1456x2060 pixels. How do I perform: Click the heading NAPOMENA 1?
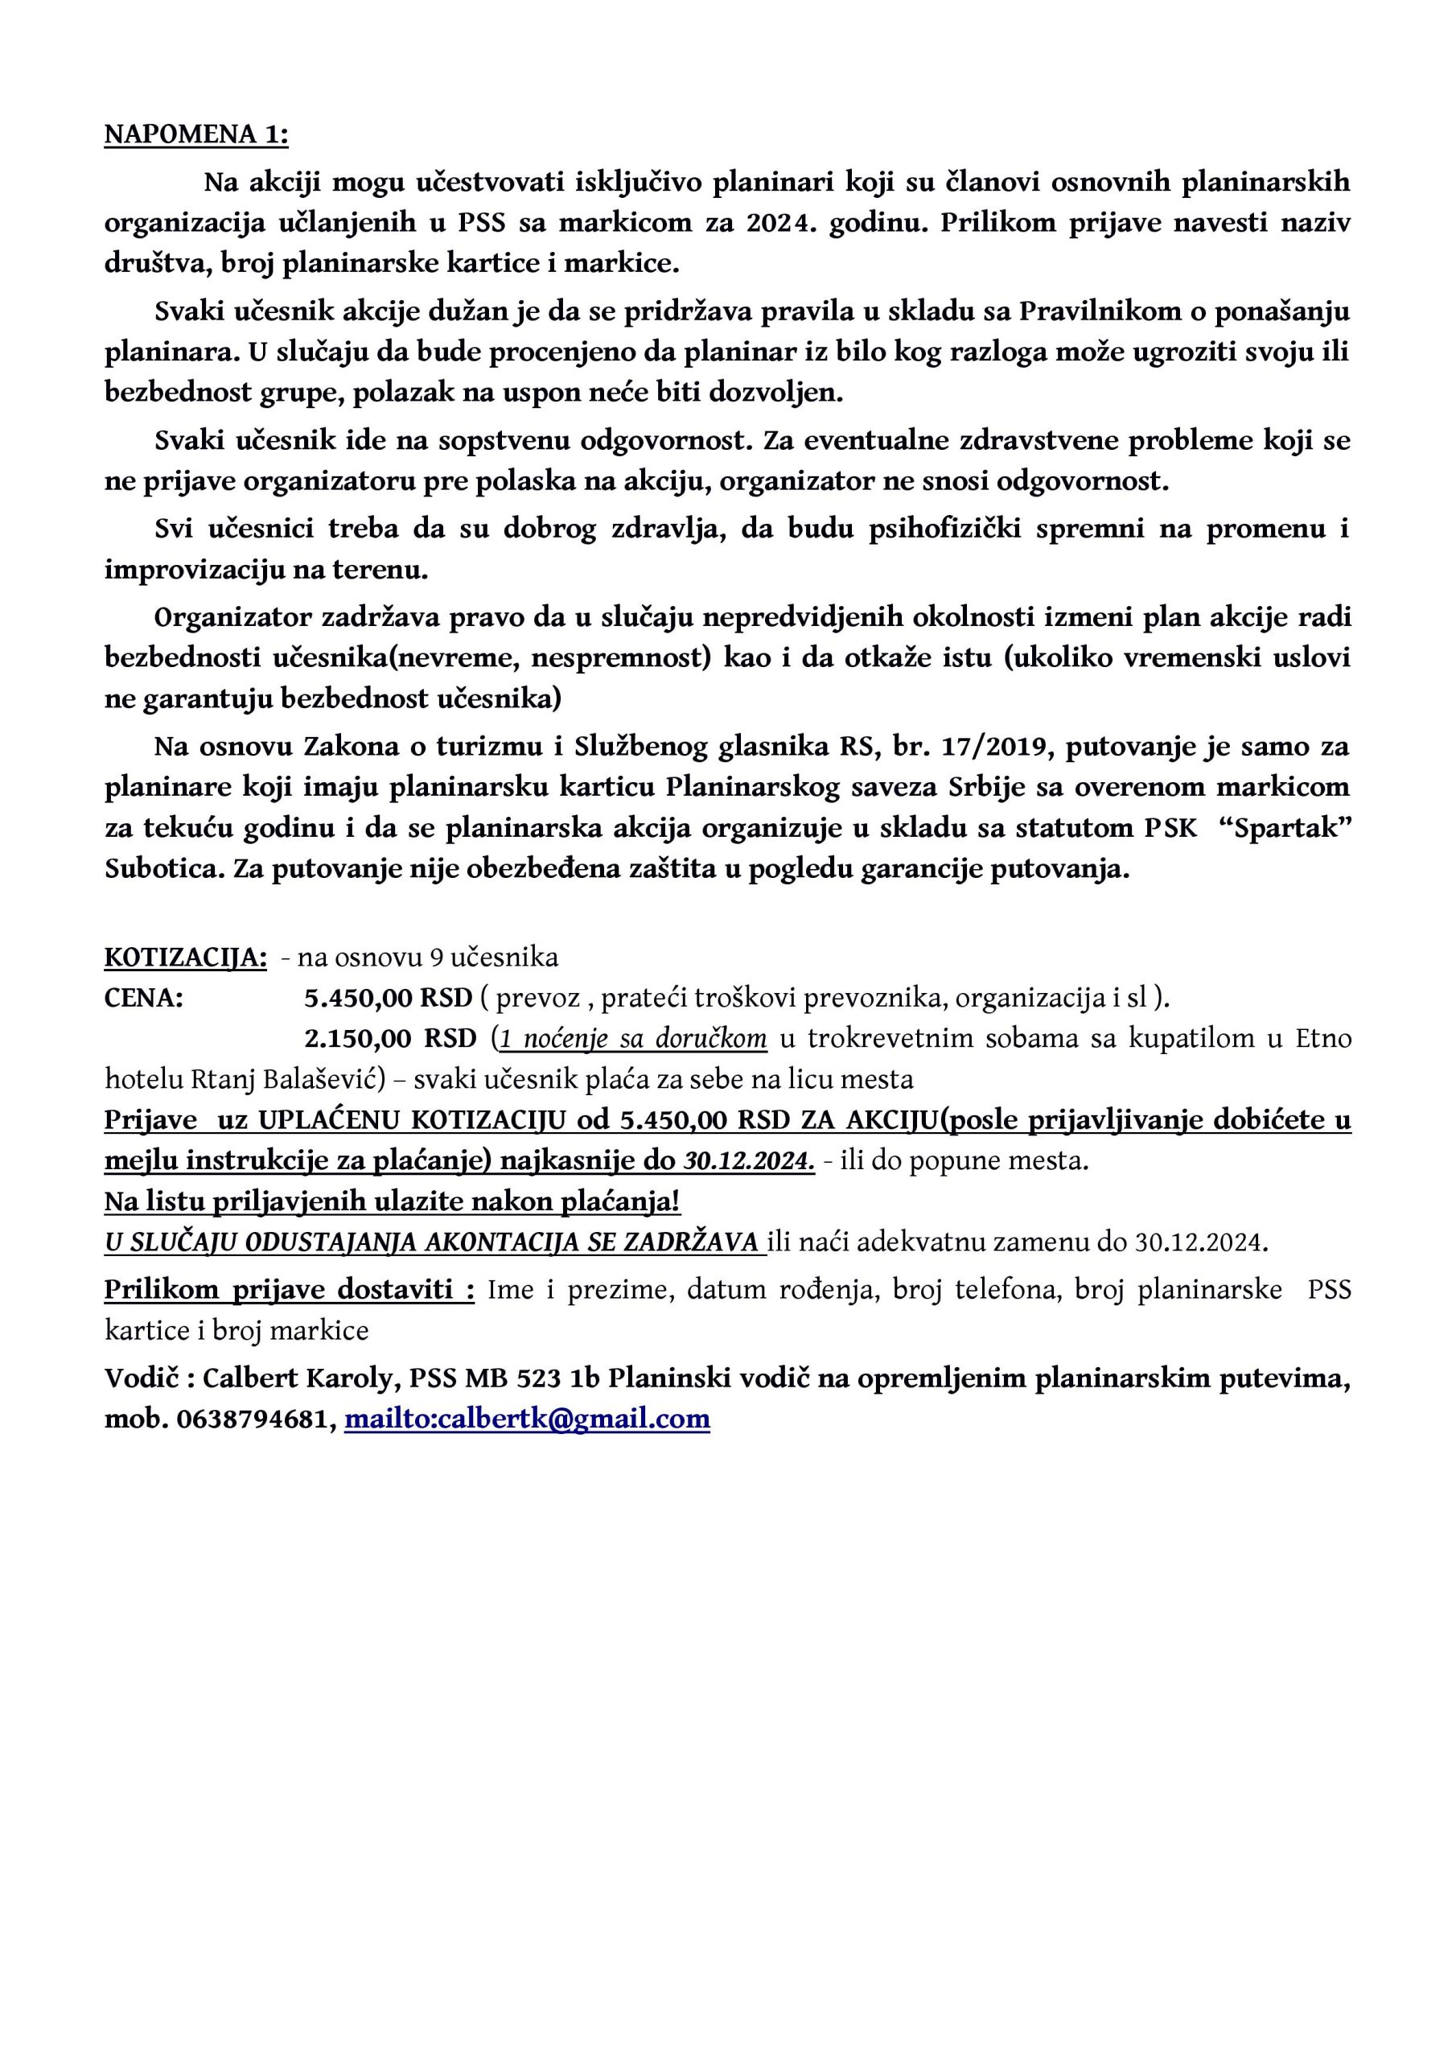point(196,134)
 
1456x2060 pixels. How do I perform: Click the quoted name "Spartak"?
point(1293,828)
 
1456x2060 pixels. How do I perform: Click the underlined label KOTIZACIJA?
point(186,958)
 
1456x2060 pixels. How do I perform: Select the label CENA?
point(145,998)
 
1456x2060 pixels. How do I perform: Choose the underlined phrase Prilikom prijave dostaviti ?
point(289,1289)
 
